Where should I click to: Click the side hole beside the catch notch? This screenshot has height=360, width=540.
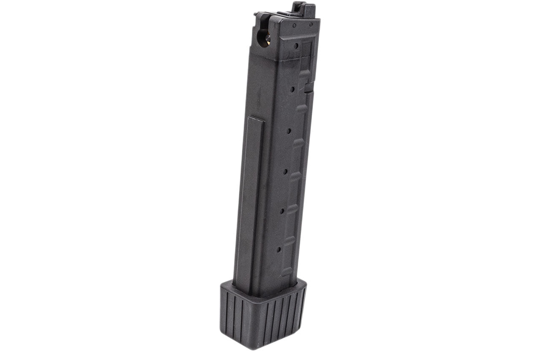click(x=292, y=89)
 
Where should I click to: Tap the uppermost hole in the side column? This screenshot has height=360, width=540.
click(x=297, y=46)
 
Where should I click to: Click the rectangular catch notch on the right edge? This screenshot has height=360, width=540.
click(x=309, y=87)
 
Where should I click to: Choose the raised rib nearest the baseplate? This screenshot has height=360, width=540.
click(x=289, y=241)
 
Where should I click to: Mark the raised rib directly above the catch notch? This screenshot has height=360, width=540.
click(x=305, y=73)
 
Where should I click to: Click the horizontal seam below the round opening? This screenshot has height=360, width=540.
click(x=278, y=59)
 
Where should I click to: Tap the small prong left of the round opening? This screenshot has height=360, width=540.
click(x=256, y=16)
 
